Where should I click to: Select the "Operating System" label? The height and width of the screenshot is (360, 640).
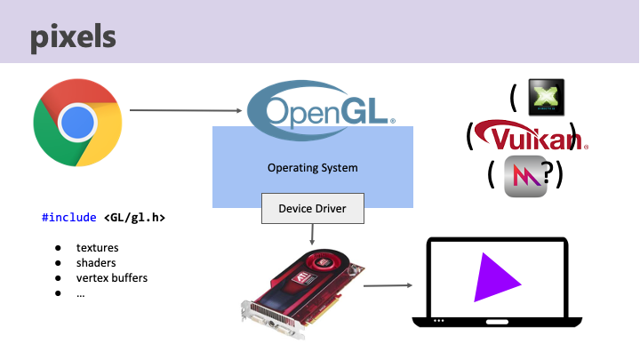click(x=312, y=167)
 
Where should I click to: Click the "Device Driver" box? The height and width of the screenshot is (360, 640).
click(x=312, y=209)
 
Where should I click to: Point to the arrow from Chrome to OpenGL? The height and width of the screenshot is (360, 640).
click(x=187, y=111)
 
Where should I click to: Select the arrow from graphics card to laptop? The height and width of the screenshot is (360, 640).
click(x=388, y=285)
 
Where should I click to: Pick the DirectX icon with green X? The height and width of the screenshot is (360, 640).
click(x=546, y=99)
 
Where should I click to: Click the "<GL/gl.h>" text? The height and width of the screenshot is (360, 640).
click(x=134, y=216)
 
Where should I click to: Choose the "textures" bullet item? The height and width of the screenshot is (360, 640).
click(x=97, y=247)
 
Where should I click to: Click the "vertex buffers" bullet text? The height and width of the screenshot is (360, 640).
click(x=111, y=277)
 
